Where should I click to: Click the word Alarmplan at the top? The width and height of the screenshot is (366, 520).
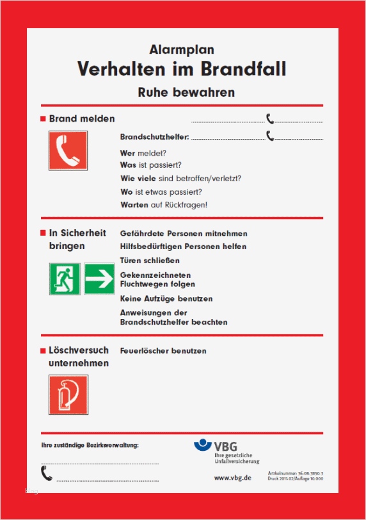pyautogui.click(x=182, y=49)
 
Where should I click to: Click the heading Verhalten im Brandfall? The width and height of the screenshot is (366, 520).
pyautogui.click(x=182, y=69)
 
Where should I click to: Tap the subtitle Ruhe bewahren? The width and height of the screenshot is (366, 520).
pyautogui.click(x=186, y=92)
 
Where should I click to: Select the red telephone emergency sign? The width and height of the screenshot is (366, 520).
pyautogui.click(x=68, y=150)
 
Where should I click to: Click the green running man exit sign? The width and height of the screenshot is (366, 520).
pyautogui.click(x=65, y=279)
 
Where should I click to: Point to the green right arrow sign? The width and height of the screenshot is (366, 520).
pyautogui.click(x=99, y=279)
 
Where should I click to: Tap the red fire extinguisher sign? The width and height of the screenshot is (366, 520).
pyautogui.click(x=68, y=394)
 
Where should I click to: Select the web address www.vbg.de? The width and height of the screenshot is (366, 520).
pyautogui.click(x=232, y=477)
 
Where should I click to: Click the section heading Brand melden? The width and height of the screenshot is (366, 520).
pyautogui.click(x=82, y=118)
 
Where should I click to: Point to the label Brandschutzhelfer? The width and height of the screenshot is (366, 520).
pyautogui.click(x=155, y=137)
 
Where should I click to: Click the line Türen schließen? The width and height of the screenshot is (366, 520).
pyautogui.click(x=150, y=261)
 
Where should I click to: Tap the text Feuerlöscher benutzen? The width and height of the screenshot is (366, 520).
pyautogui.click(x=163, y=351)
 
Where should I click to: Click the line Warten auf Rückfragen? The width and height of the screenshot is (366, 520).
pyautogui.click(x=164, y=205)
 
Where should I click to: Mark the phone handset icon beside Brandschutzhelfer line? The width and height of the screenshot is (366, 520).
pyautogui.click(x=271, y=136)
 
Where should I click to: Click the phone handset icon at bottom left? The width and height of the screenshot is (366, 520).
pyautogui.click(x=46, y=473)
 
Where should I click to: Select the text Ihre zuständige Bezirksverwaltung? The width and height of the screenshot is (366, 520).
pyautogui.click(x=90, y=444)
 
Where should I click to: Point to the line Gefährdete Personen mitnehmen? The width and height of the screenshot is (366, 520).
pyautogui.click(x=184, y=234)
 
